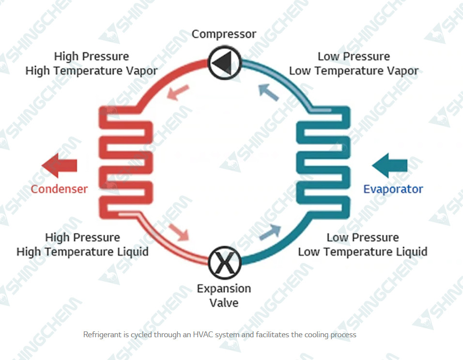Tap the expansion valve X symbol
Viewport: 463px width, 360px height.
(224, 263)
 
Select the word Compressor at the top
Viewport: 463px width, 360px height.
(224, 34)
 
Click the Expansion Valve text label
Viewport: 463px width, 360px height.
(224, 296)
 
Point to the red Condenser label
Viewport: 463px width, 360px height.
(59, 189)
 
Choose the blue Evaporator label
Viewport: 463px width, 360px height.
(393, 189)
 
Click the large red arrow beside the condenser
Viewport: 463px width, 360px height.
(60, 165)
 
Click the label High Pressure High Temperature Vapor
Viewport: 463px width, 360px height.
(91, 63)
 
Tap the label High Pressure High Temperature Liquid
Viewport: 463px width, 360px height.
(82, 245)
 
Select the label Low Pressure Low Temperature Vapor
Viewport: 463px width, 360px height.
(354, 63)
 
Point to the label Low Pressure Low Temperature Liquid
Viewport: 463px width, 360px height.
(362, 245)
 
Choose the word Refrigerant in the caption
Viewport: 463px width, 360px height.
(101, 335)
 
